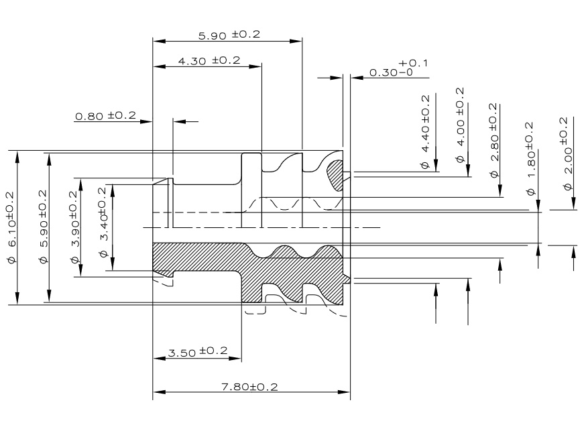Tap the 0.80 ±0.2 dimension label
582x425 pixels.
click(105, 116)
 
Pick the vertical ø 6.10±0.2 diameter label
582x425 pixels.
click(9, 228)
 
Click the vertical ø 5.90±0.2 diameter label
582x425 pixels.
click(42, 228)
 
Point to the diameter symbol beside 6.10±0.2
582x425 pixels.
click(9, 259)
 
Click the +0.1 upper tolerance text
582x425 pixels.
click(413, 63)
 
